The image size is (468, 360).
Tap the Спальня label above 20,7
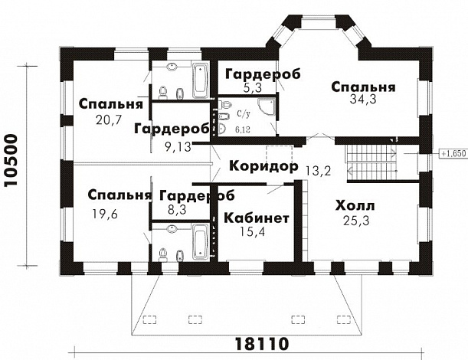pos(111,103)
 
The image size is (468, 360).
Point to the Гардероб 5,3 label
pos(260,74)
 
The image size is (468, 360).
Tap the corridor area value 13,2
pos(317,170)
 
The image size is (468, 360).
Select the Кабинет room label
pos(256,218)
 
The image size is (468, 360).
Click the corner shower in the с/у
pos(267,107)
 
